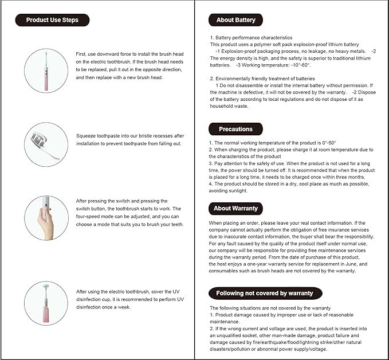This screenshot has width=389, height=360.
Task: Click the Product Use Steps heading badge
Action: coord(52,20)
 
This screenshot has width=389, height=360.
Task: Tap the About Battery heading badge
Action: coord(236,20)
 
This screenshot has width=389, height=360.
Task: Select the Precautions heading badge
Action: coord(235,129)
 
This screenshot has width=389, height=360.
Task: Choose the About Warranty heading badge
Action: coord(236,208)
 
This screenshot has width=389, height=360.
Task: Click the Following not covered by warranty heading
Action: coord(264,293)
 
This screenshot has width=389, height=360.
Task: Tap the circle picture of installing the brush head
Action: coord(46,70)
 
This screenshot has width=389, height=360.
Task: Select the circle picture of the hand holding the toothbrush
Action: coord(46,217)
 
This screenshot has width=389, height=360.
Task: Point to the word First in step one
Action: coord(81,54)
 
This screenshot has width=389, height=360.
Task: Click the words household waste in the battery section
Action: coord(229,106)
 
